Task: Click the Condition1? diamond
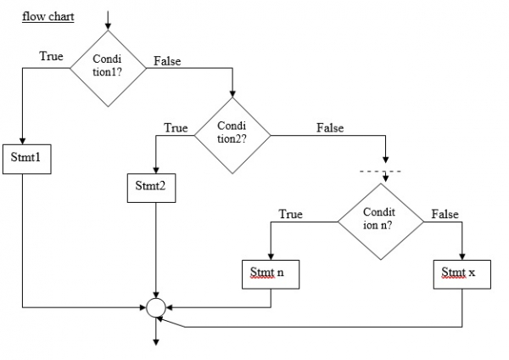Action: pyautogui.click(x=107, y=67)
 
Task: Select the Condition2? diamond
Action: pyautogui.click(x=232, y=132)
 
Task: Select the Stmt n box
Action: pyautogui.click(x=271, y=273)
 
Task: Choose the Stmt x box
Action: pyautogui.click(x=462, y=273)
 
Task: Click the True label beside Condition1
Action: pyautogui.click(x=50, y=56)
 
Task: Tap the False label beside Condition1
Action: pyautogui.click(x=167, y=61)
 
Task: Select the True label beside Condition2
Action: pyautogui.click(x=175, y=128)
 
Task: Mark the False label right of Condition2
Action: pyautogui.click(x=329, y=128)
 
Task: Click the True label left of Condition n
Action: pyautogui.click(x=291, y=214)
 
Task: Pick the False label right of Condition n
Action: pyautogui.click(x=445, y=215)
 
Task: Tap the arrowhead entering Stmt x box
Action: pyautogui.click(x=462, y=256)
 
